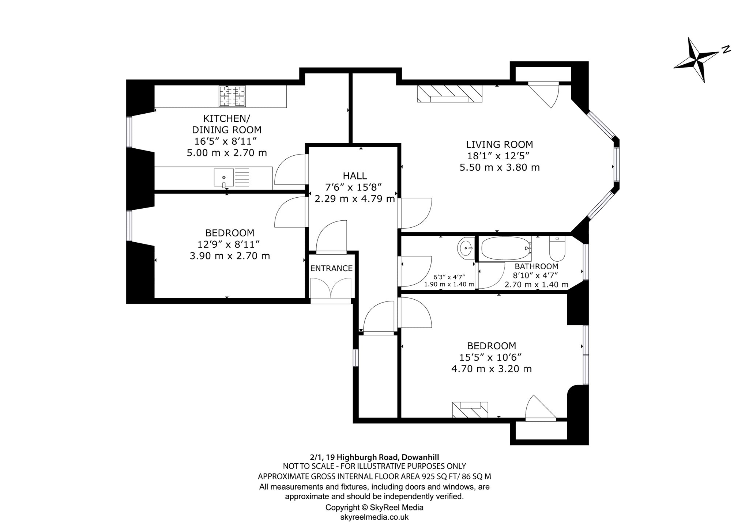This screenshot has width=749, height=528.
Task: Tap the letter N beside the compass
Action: click(726, 50)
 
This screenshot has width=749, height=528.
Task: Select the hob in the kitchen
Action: click(232, 96)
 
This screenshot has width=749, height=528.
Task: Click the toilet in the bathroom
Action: click(557, 247)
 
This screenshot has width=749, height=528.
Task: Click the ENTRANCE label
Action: click(331, 268)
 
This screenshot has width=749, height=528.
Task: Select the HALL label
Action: click(355, 176)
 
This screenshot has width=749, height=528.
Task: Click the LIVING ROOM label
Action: click(500, 144)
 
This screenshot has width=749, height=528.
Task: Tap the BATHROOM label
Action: click(537, 266)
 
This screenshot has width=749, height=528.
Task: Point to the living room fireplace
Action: click(449, 94)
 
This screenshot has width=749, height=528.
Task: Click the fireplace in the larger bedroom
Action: click(470, 409)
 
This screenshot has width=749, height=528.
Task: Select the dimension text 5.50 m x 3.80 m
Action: click(500, 167)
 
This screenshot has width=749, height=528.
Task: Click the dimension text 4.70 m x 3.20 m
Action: click(492, 369)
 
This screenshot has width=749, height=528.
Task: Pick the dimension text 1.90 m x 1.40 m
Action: click(449, 284)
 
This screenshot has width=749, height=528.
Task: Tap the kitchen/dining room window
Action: click(129, 132)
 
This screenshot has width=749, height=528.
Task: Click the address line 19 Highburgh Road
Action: click(374, 457)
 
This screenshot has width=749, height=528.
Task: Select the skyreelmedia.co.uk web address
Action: click(374, 517)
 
